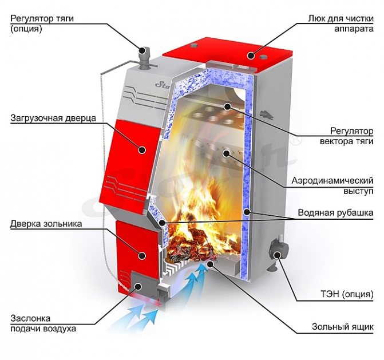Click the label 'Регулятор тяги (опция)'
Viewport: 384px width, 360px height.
point(42,23)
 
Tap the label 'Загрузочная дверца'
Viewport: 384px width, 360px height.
point(53,118)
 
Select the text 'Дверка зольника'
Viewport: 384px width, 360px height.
point(46,224)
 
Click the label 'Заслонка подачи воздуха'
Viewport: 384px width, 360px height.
point(43,323)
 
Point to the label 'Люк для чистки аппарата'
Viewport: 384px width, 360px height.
point(341,23)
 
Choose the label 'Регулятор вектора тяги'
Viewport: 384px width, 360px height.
point(347,136)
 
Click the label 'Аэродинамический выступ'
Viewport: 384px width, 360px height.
point(332,185)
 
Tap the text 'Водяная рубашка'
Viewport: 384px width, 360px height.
point(335,212)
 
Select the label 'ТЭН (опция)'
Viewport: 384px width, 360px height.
point(347,294)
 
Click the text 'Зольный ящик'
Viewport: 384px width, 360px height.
point(343,327)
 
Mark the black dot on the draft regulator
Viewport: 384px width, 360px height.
point(142,51)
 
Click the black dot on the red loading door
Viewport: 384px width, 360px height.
point(141,149)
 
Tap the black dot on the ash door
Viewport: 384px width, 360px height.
point(141,255)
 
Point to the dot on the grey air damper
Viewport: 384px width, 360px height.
point(138,286)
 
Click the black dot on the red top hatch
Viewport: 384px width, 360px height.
point(251,55)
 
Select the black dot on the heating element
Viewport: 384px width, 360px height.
point(277,255)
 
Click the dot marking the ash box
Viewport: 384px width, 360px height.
point(210,263)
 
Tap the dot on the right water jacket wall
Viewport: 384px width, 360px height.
point(247,211)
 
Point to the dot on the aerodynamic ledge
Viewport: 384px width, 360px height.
point(226,153)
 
